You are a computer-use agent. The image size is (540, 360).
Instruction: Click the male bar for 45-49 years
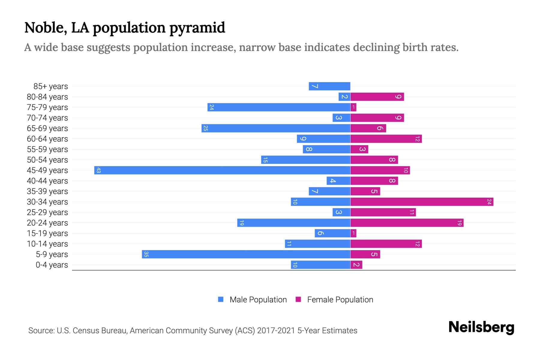click(222, 170)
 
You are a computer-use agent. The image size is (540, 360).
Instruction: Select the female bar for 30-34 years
click(421, 202)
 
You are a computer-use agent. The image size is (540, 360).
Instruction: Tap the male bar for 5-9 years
click(246, 254)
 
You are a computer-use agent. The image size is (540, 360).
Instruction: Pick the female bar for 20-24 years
click(407, 223)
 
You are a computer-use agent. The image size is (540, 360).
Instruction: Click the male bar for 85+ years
click(329, 86)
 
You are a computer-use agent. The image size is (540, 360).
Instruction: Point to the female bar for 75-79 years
click(353, 107)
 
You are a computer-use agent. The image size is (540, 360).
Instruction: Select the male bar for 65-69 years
click(276, 128)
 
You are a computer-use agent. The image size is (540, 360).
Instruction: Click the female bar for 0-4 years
click(356, 265)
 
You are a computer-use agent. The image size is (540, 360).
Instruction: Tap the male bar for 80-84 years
click(344, 97)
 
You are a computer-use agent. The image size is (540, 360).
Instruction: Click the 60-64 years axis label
click(47, 139)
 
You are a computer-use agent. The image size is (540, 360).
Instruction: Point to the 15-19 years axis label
click(47, 233)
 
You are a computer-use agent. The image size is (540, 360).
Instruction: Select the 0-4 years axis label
click(52, 265)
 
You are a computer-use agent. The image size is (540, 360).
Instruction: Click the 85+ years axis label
click(51, 86)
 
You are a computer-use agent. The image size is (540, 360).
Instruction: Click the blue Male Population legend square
click(221, 299)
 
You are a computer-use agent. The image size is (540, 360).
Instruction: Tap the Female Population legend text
click(340, 299)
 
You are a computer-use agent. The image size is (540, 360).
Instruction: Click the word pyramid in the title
click(197, 28)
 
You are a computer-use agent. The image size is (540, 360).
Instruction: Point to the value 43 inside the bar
click(98, 170)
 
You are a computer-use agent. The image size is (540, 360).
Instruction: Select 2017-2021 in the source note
click(276, 331)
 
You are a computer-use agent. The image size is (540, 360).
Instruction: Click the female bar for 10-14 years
click(386, 244)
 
